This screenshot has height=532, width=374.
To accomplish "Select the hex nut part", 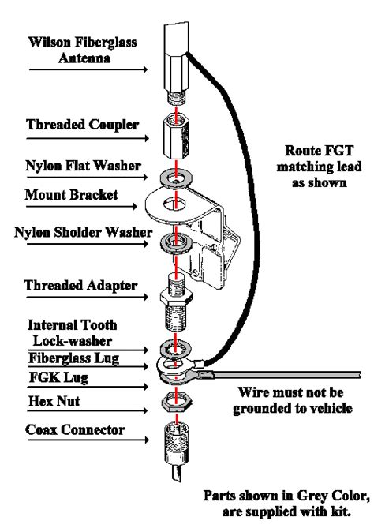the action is [176, 402].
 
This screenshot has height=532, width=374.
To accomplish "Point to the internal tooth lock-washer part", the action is [176, 348].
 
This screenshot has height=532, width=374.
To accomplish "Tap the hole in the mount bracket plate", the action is [174, 204].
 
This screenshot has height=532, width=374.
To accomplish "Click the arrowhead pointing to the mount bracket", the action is [135, 206].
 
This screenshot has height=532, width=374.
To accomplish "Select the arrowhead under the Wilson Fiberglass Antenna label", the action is [145, 69].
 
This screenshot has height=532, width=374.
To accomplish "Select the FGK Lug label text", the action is [58, 377].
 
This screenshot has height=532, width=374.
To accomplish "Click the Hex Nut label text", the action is [54, 402].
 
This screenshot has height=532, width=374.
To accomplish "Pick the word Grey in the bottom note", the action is [311, 496].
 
